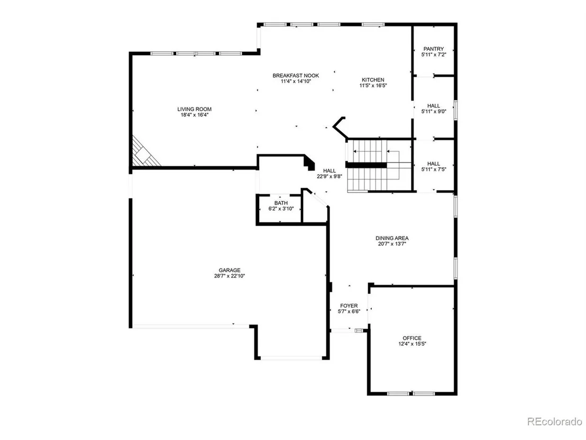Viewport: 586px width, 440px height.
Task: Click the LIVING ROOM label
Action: click(x=194, y=109)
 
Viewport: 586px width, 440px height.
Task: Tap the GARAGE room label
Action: click(x=230, y=270)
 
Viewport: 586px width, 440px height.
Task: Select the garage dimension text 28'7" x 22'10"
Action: click(x=230, y=276)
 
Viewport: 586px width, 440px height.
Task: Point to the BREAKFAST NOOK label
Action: click(x=296, y=76)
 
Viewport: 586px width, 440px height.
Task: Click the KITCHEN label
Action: click(x=373, y=80)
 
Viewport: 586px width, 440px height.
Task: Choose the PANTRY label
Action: click(x=434, y=49)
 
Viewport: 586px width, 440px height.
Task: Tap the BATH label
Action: click(x=281, y=203)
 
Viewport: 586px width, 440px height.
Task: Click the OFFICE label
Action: click(x=412, y=338)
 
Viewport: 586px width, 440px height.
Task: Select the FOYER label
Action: click(x=349, y=306)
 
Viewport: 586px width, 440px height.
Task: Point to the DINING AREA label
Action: click(x=392, y=238)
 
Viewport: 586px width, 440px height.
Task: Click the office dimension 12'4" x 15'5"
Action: click(x=412, y=344)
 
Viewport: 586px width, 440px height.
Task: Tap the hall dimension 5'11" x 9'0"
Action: click(x=434, y=112)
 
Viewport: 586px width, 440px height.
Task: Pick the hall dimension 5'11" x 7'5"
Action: click(x=434, y=169)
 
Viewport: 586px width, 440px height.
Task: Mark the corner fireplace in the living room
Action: click(x=144, y=152)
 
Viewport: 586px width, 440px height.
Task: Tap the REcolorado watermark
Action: click(x=555, y=421)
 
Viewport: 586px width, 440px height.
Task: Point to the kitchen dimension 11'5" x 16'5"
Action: click(x=373, y=86)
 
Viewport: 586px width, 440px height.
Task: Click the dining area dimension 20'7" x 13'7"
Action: click(x=392, y=244)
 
